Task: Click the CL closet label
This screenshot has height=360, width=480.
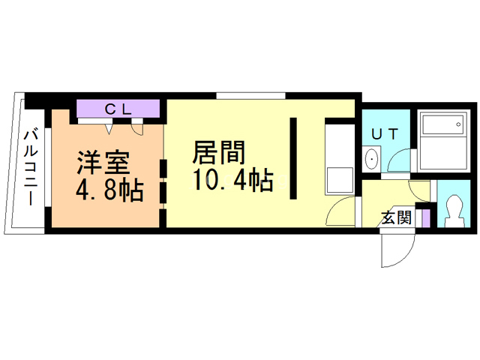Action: click(118, 109)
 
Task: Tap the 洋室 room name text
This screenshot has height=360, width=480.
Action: click(103, 163)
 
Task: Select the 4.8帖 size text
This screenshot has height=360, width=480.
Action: click(109, 190)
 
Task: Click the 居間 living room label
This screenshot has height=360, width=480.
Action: click(219, 152)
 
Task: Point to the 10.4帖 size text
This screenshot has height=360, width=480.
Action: click(232, 180)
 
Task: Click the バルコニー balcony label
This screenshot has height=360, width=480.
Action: click(31, 168)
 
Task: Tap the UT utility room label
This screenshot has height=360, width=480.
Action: click(385, 134)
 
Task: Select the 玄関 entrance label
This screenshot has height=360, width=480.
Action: click(397, 217)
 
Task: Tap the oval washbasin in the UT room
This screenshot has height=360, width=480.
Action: click(372, 159)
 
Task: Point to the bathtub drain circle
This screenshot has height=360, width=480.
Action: click(458, 124)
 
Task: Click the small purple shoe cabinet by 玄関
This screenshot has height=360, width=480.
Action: click(426, 218)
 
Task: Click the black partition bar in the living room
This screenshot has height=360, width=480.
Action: click(293, 158)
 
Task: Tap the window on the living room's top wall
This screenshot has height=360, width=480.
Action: click(251, 95)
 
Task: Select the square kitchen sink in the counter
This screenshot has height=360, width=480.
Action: click(340, 180)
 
